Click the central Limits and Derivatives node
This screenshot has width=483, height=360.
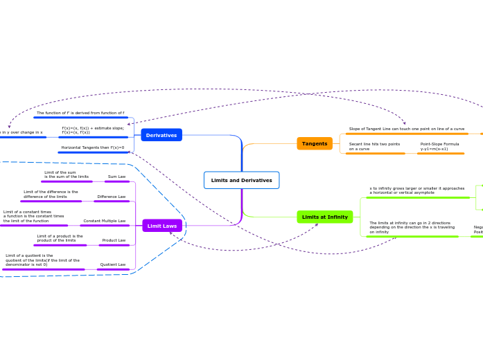(241, 180)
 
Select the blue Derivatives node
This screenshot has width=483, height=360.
(161, 135)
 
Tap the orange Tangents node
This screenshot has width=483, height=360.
(315, 143)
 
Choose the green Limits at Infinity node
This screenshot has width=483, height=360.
(324, 217)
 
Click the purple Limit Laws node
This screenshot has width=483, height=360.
(161, 226)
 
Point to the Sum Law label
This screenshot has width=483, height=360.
(116, 177)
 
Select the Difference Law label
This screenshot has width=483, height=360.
(111, 197)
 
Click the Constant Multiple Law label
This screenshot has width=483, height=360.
(104, 221)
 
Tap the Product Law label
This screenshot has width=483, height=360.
(114, 240)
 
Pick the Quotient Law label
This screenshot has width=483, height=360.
(112, 264)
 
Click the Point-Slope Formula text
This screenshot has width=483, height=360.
(439, 146)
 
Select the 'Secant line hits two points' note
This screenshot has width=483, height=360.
(374, 146)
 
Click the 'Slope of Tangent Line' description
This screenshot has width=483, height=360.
(406, 129)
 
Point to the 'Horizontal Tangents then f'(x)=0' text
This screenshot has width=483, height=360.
(92, 147)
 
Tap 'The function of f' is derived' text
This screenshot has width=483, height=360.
(80, 113)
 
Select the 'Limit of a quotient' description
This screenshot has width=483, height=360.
(42, 260)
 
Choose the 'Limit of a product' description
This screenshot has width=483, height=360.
(60, 238)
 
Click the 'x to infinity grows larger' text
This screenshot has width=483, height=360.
(416, 190)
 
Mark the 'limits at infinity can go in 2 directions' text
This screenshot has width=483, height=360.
(412, 227)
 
